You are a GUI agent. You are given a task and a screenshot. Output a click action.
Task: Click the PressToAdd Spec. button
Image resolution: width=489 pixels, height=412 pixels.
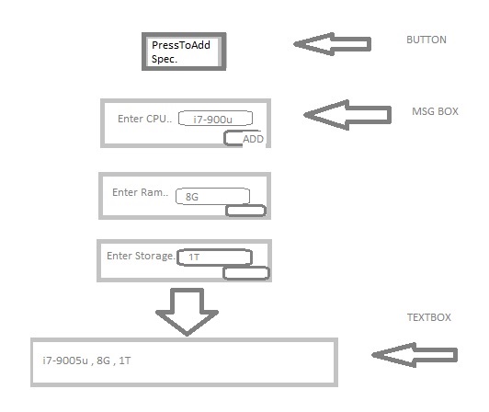point(184,51)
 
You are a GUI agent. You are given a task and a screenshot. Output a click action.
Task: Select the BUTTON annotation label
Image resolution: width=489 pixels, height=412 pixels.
point(426,40)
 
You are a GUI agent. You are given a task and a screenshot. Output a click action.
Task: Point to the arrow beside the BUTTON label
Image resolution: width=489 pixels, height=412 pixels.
point(333,44)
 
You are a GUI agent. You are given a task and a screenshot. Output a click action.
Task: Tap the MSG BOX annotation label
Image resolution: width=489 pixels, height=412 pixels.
point(435,111)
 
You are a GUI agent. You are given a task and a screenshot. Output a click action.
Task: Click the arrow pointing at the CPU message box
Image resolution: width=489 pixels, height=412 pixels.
point(347,115)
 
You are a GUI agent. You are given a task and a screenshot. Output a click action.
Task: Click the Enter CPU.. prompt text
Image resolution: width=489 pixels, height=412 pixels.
point(144,119)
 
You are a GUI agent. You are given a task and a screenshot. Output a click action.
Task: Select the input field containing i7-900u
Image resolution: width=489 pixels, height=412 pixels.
point(215,119)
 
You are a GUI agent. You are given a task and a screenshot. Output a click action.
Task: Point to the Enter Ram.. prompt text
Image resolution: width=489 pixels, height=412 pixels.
point(140,192)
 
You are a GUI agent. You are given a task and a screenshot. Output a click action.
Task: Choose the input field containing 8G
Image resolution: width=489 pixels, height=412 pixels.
point(212,196)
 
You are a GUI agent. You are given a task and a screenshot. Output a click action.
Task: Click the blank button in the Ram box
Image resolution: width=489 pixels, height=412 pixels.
point(245,211)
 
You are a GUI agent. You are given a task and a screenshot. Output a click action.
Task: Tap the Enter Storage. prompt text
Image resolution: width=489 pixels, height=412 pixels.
point(141,256)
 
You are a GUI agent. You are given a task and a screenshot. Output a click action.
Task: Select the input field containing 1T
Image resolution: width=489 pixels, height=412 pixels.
point(214,257)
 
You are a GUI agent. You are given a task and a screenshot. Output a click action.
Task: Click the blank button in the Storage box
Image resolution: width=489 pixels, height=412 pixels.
point(246,273)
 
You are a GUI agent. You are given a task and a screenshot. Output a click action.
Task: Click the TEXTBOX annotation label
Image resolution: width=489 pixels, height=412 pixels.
point(429,317)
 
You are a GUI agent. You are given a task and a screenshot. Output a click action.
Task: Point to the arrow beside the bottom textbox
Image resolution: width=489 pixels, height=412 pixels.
point(415,355)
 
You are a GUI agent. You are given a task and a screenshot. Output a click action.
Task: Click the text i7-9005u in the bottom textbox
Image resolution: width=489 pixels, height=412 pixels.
point(65,360)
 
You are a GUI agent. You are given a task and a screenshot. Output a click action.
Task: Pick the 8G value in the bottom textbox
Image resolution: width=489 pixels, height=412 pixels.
point(103,360)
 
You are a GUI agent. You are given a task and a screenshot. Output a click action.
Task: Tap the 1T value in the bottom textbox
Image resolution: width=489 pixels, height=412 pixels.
point(125,360)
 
